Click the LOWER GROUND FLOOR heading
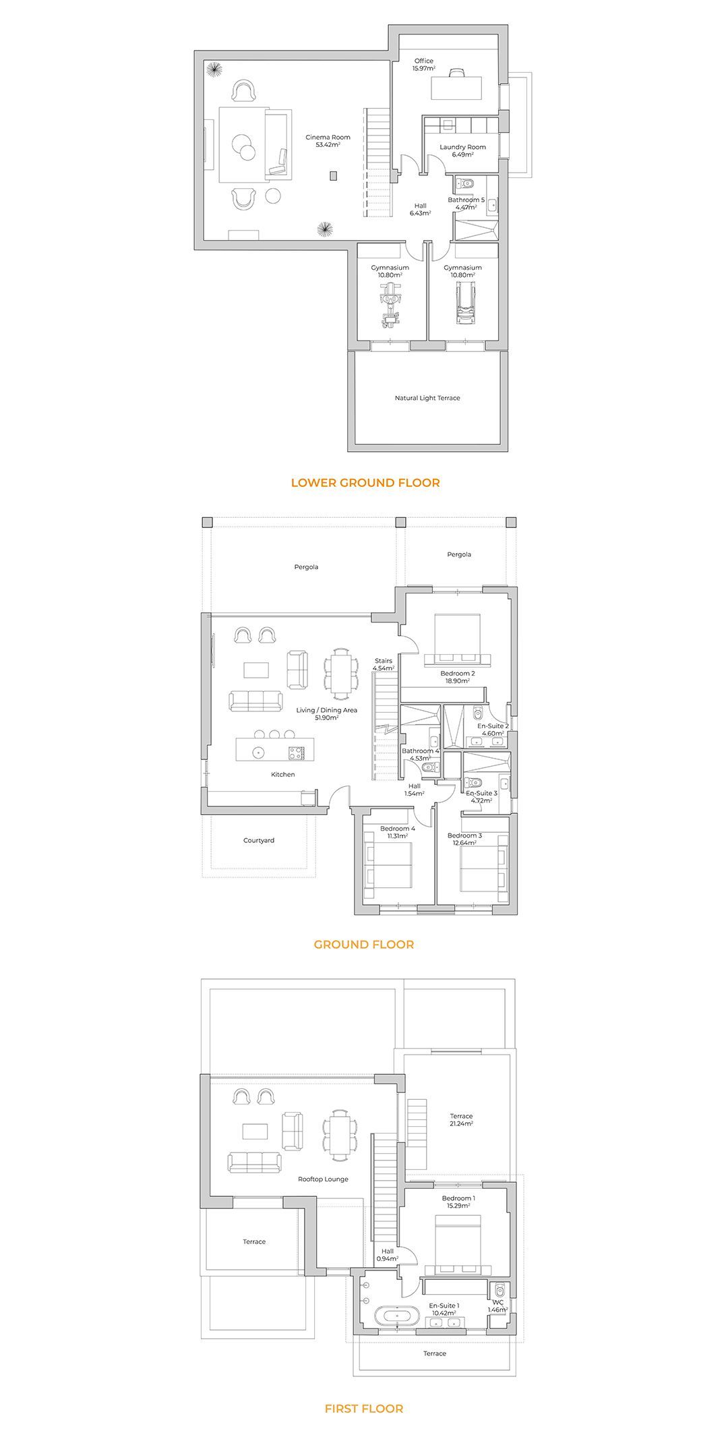pos(365,483)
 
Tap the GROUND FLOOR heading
pos(364,945)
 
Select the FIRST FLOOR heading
pos(364,1409)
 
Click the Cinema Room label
pos(328,137)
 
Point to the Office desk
pos(456,87)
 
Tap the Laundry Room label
pos(462,147)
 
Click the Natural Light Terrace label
pos(427,398)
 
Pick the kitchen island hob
pos(296,751)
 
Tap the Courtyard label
pos(259,841)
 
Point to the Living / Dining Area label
pos(327,710)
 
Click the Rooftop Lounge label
pos(323,1179)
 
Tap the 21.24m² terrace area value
pos(462,1124)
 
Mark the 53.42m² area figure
pos(328,144)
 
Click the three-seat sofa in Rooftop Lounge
pos(255,1162)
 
